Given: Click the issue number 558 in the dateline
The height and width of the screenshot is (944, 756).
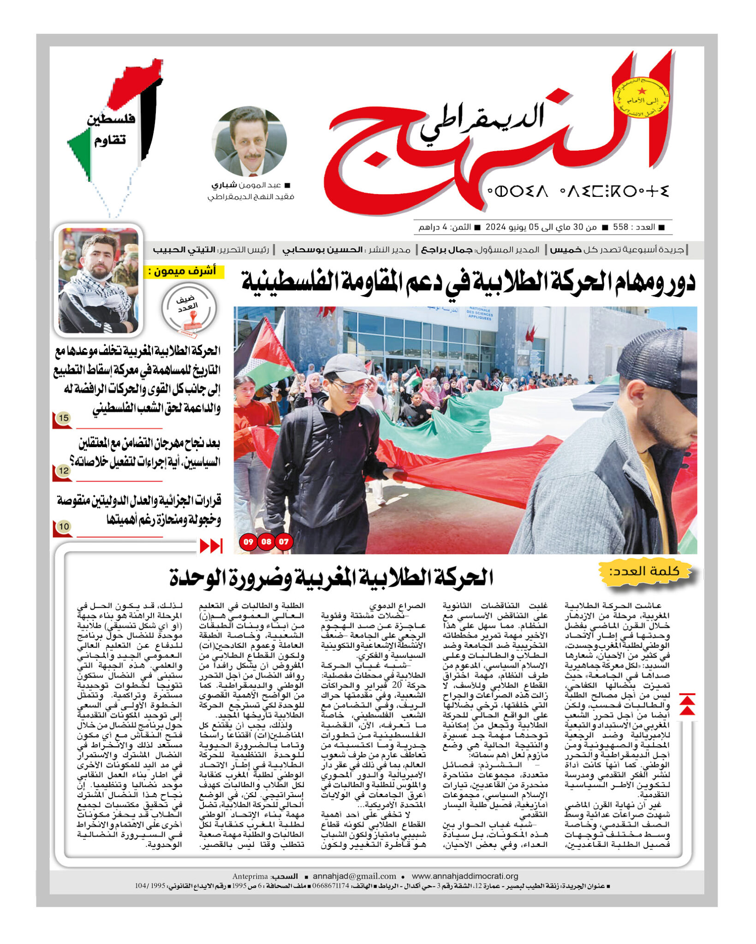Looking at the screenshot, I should (x=620, y=227).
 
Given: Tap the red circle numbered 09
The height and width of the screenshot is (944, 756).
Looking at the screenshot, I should (x=248, y=542).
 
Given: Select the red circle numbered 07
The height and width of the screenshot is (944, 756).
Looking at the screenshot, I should (x=284, y=542).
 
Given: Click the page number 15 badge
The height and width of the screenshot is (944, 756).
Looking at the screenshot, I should (x=63, y=418).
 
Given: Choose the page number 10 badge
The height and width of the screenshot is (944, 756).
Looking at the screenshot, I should (x=64, y=526).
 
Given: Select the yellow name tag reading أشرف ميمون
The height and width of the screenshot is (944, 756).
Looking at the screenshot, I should (x=184, y=271).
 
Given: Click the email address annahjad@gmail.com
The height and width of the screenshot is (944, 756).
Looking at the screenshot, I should (x=354, y=876).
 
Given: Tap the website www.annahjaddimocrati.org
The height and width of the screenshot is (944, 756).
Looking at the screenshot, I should (x=464, y=876).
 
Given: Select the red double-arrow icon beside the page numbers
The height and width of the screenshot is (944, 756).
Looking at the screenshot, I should (x=211, y=546).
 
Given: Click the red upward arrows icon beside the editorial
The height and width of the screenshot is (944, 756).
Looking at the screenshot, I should (x=687, y=705).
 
